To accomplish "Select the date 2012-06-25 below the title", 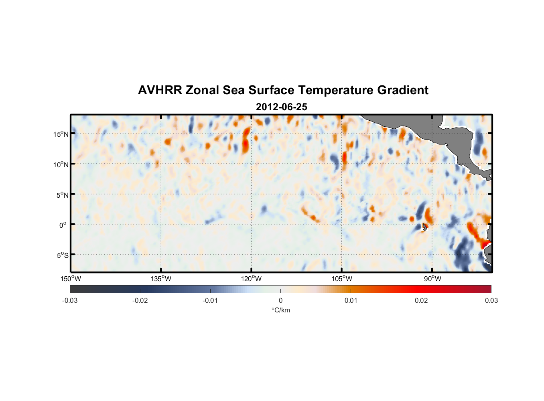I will coord(281,107).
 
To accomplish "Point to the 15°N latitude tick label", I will coord(61,134).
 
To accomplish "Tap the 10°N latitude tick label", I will coord(61,164).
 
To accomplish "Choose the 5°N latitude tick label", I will coord(62,195).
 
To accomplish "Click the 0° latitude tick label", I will coord(63,225).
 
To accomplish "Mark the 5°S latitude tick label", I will coord(62,255).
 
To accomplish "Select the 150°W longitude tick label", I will coord(71,279).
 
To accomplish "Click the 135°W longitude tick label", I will coord(161,279).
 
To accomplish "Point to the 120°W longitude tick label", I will coord(251,279).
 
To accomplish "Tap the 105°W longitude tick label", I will coord(342,279).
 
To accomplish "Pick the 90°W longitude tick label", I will coord(432,279).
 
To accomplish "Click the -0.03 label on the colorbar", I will coord(70,300).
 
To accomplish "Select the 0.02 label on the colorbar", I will coord(421,300).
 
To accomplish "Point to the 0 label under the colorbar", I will coord(280,300).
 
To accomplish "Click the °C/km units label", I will coord(280,310).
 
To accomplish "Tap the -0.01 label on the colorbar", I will coord(210,300).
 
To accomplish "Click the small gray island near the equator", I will coord(424,227).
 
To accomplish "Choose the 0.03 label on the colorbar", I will coord(491,300).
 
